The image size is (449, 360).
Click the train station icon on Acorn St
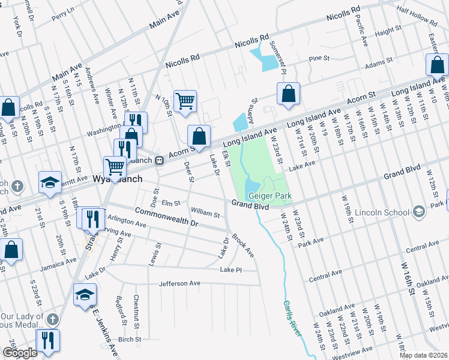(x=160, y=160)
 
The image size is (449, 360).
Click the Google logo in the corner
(x=20, y=353)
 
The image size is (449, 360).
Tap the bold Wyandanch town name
(x=118, y=179)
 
